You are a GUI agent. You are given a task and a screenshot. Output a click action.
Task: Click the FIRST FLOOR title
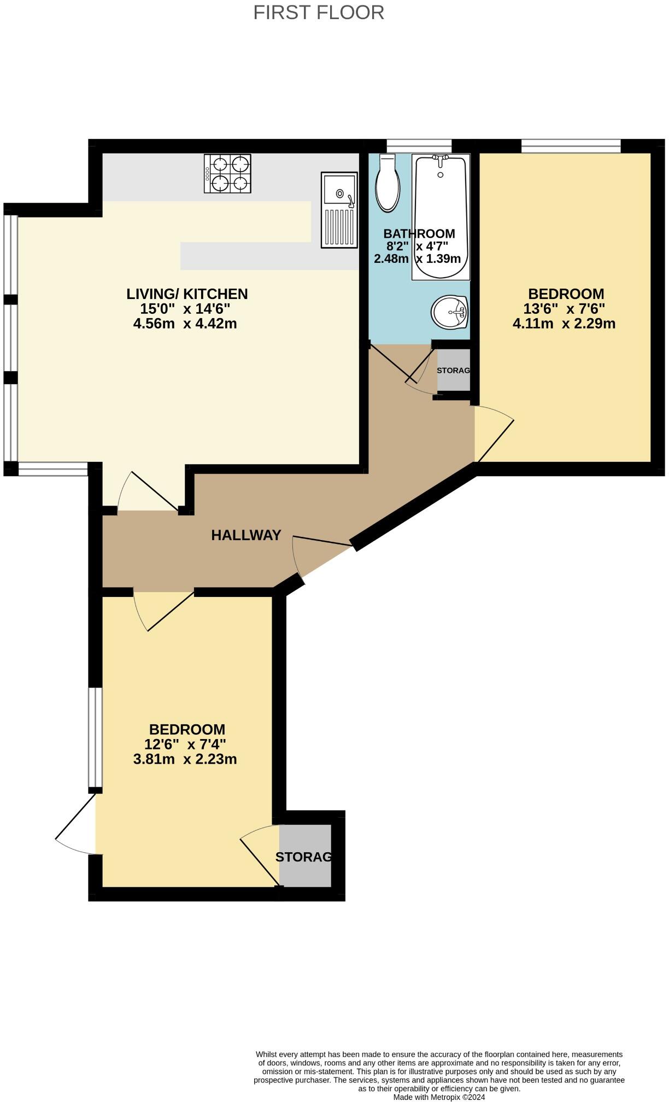click(x=319, y=12)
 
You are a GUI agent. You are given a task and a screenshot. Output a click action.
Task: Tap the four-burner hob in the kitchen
click(x=228, y=173)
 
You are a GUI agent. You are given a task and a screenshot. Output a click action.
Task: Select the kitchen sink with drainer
click(x=339, y=210)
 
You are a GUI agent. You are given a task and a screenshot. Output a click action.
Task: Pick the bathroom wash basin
click(x=449, y=313)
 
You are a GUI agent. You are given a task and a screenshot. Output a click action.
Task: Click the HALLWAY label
click(x=246, y=535)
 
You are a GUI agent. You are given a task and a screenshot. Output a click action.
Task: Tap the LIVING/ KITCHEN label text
click(x=187, y=294)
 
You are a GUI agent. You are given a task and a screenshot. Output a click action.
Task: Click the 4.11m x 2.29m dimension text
click(x=564, y=324)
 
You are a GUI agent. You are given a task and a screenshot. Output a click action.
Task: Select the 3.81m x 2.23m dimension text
click(x=185, y=759)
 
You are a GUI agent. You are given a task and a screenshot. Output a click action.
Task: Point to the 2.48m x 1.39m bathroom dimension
click(x=417, y=259)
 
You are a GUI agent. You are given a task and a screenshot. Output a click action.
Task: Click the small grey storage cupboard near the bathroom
click(x=453, y=370)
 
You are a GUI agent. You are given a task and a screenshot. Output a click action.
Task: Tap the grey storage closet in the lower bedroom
click(x=305, y=856)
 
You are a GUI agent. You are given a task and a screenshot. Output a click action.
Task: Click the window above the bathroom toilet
click(x=419, y=146)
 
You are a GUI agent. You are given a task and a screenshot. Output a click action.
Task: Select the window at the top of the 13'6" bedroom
click(x=571, y=146)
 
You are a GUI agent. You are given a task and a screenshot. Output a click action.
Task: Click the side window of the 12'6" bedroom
click(x=96, y=737)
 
